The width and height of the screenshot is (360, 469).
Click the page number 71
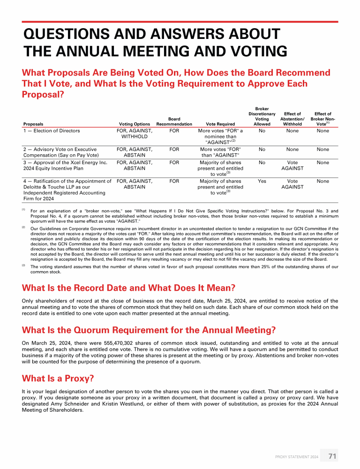(x=332, y=456)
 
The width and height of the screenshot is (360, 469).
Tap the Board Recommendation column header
(x=174, y=121)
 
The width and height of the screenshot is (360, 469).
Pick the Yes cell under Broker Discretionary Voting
(x=262, y=181)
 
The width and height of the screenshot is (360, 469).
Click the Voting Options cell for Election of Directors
(x=135, y=134)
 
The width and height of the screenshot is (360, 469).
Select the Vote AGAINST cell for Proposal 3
(x=292, y=165)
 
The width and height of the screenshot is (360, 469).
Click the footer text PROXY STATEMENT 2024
(x=297, y=456)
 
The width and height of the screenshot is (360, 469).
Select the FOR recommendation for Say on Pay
(x=174, y=150)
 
